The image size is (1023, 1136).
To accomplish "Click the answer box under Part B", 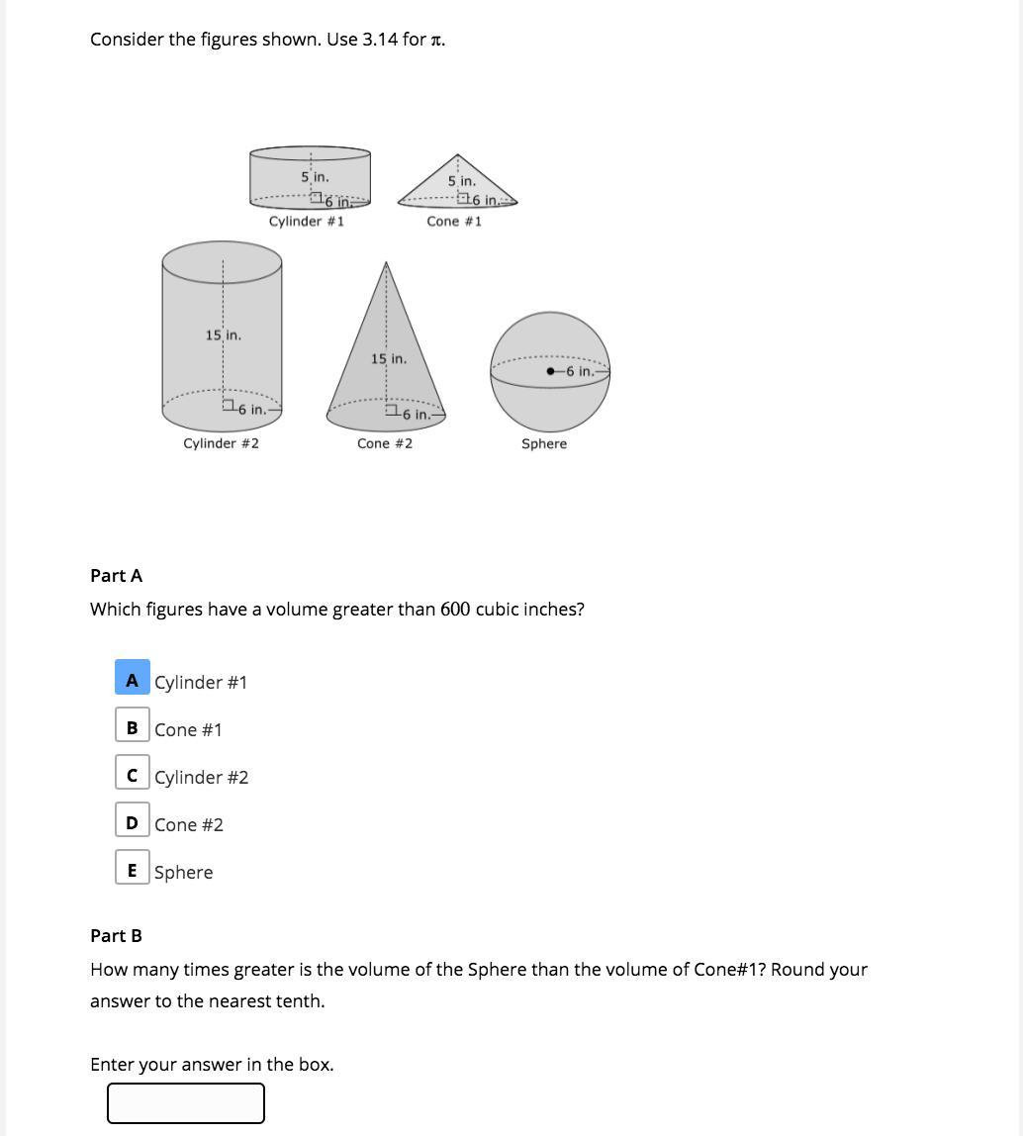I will (186, 1103).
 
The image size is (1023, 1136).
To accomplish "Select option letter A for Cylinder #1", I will (133, 681).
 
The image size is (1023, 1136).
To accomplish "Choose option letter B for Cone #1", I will (133, 728).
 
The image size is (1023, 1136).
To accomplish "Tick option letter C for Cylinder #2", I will (133, 776).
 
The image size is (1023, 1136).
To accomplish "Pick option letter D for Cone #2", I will (133, 823).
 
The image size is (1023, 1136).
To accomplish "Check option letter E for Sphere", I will (133, 871).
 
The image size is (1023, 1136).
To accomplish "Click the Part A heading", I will (116, 576).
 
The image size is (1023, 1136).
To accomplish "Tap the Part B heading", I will (116, 936).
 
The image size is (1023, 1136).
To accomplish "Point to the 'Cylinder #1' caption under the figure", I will (307, 222).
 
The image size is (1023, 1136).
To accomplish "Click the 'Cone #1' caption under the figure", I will (454, 222).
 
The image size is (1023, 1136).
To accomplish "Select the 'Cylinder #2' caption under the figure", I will (221, 444).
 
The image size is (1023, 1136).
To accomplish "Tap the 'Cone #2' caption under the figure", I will (385, 444).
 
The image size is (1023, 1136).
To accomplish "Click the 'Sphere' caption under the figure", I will (544, 444).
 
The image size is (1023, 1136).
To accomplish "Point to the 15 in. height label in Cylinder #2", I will (224, 335).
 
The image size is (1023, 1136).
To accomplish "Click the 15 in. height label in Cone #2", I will (389, 359).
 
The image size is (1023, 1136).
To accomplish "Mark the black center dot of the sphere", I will (550, 371).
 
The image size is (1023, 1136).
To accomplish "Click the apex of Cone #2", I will (386, 263).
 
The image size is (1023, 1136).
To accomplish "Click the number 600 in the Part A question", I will (455, 610).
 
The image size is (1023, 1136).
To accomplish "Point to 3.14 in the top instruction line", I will (381, 40).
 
